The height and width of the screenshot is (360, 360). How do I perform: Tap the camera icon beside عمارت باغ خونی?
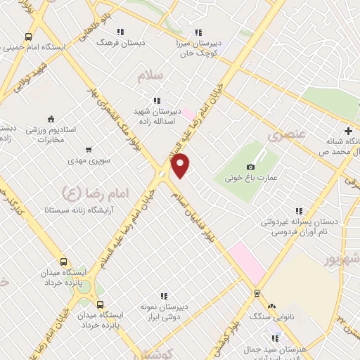(251, 167)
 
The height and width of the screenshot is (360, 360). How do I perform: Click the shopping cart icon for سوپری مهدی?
(89, 149)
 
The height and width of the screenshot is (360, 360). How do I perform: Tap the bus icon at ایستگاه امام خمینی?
(28, 37)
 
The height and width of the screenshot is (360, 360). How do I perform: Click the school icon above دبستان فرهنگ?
(121, 32)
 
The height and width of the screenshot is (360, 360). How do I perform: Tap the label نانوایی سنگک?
(271, 317)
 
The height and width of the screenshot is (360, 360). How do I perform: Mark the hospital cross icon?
(348, 131)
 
